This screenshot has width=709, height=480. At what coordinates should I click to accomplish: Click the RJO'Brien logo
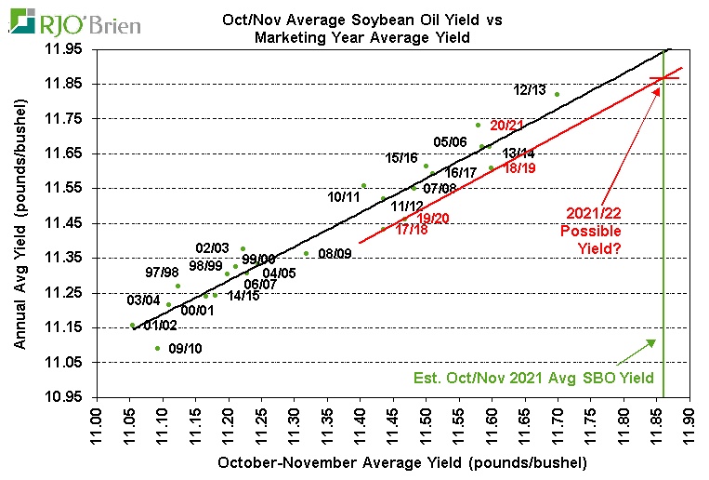74,22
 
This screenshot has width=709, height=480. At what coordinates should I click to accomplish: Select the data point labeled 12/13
557,94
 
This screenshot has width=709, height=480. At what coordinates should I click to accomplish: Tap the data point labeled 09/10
157,348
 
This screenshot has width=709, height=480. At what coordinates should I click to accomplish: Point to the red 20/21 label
507,125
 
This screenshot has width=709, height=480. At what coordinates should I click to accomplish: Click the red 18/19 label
519,167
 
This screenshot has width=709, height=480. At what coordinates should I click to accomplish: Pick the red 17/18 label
411,229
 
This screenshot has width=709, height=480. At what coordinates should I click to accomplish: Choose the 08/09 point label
335,253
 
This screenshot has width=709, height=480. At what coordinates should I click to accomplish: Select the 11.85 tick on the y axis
66,84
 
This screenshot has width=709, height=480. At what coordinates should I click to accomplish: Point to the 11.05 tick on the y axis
66,362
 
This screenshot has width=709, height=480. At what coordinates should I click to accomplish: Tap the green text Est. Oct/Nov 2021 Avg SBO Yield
534,379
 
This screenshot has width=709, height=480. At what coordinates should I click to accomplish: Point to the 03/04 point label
143,300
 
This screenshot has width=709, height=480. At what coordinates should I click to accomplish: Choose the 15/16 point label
402,158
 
